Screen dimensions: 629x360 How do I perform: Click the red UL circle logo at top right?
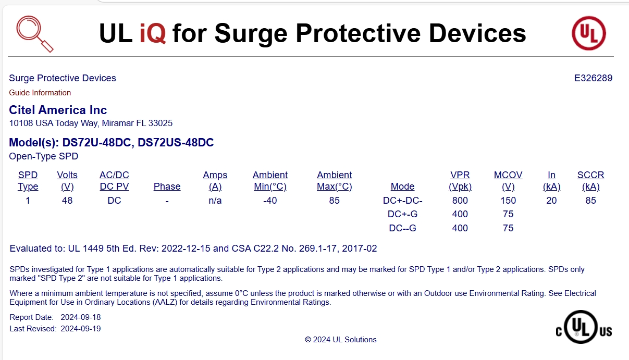[589, 33]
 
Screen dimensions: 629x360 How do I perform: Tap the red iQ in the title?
[153, 33]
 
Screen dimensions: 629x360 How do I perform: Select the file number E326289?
[593, 78]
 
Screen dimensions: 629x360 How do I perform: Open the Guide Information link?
[40, 93]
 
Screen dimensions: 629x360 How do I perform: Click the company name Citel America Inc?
[58, 110]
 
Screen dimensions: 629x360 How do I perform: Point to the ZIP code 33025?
[161, 123]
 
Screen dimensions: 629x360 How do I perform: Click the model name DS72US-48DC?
[176, 143]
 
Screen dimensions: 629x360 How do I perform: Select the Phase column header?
[167, 187]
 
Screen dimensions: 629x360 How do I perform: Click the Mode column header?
[402, 187]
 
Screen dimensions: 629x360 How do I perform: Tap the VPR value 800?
[460, 201]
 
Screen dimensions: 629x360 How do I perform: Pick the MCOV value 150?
[508, 201]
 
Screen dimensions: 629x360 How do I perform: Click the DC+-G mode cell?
[402, 214]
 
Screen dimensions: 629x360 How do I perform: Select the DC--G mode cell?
[402, 228]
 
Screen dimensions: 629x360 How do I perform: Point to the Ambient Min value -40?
[270, 201]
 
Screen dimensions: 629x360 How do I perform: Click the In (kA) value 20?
[551, 201]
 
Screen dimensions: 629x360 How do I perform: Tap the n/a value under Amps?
[215, 201]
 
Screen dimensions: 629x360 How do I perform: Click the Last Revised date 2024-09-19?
[81, 329]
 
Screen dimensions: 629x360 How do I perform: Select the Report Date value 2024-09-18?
[81, 317]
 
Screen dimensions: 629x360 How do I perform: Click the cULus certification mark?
[584, 327]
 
